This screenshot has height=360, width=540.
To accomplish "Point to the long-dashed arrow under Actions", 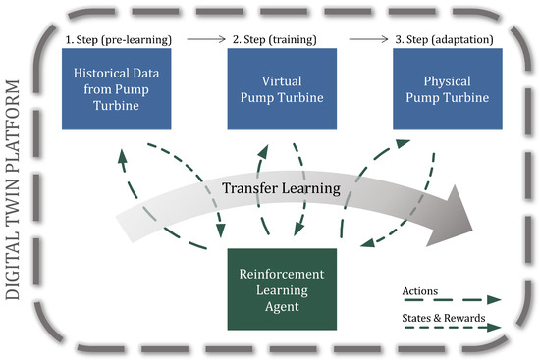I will coord(452,300).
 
